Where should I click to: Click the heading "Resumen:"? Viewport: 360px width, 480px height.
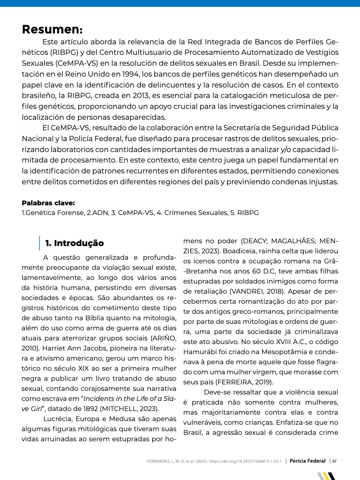[x=52, y=30]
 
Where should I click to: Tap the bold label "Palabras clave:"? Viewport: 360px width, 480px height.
[x=48, y=203]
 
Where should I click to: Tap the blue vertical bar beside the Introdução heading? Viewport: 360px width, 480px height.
[x=40, y=243]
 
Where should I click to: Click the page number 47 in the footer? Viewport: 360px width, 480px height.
[x=335, y=461]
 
